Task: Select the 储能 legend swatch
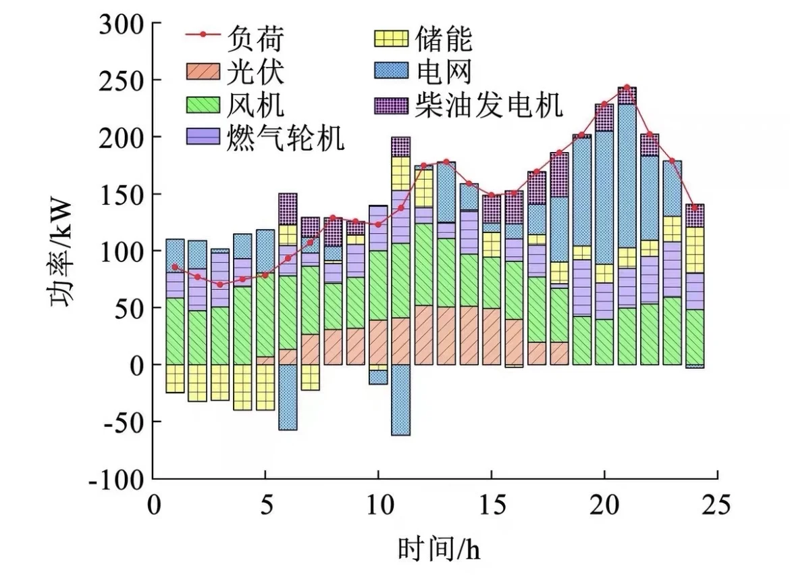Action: (x=391, y=39)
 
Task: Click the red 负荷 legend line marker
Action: (x=203, y=34)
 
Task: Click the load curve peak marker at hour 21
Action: (x=627, y=87)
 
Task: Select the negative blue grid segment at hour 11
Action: (x=400, y=400)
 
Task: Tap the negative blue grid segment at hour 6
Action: (x=288, y=397)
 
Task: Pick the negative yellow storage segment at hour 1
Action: (x=175, y=378)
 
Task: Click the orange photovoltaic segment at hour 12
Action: (x=423, y=335)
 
